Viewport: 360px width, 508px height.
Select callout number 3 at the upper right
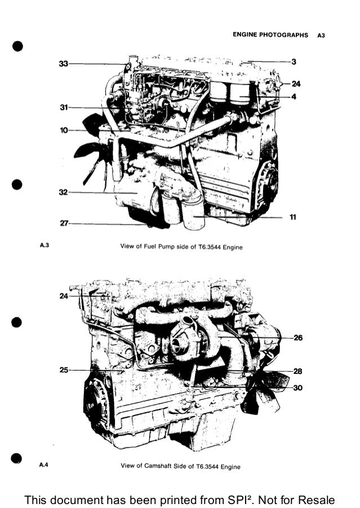click(294, 61)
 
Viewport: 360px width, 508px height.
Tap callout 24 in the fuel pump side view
click(296, 84)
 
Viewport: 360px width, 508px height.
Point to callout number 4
click(294, 96)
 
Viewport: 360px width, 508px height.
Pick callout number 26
click(298, 338)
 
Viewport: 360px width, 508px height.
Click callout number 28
click(298, 371)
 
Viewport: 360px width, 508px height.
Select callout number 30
click(298, 387)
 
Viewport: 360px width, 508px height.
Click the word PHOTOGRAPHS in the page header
click(286, 35)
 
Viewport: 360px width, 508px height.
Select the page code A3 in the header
click(321, 35)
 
